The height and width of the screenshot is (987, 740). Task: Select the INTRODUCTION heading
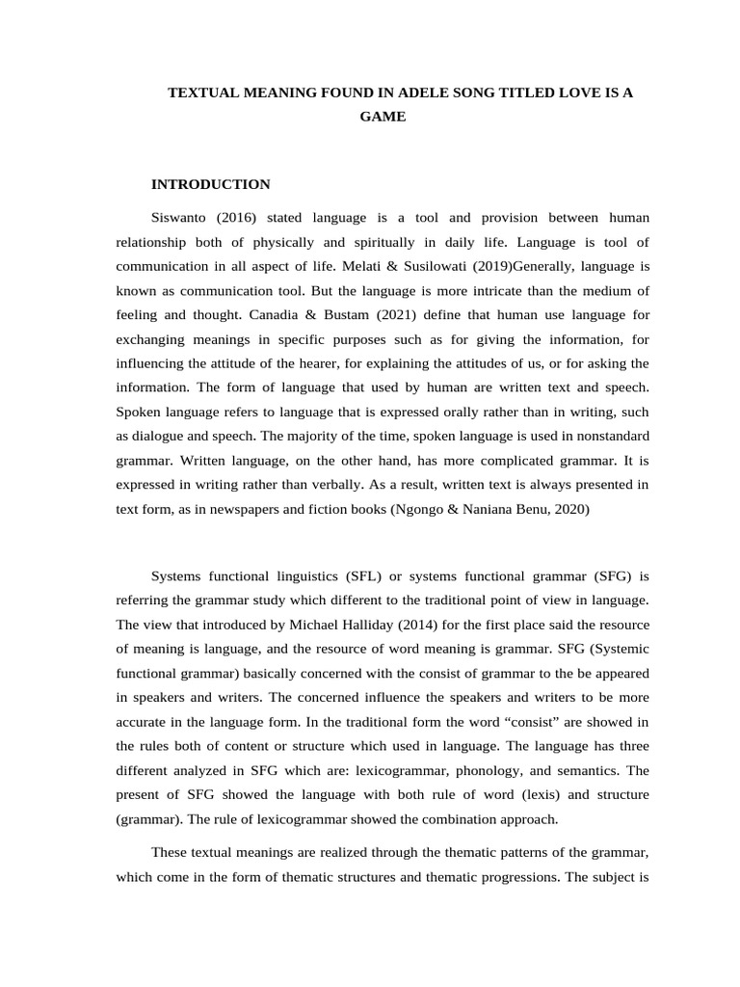211,184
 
